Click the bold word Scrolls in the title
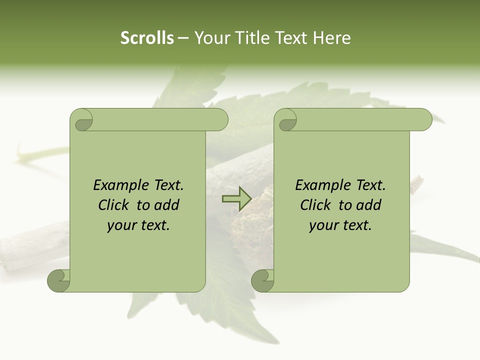pyautogui.click(x=147, y=38)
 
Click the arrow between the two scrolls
pyautogui.click(x=236, y=199)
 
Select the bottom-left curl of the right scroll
pyautogui.click(x=263, y=281)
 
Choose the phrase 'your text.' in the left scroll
pyautogui.click(x=138, y=225)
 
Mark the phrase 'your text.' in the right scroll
pyautogui.click(x=340, y=225)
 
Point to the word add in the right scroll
pyautogui.click(x=368, y=205)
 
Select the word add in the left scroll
pyautogui.click(x=166, y=205)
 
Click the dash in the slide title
pyautogui.click(x=183, y=38)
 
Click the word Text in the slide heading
pyautogui.click(x=291, y=38)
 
